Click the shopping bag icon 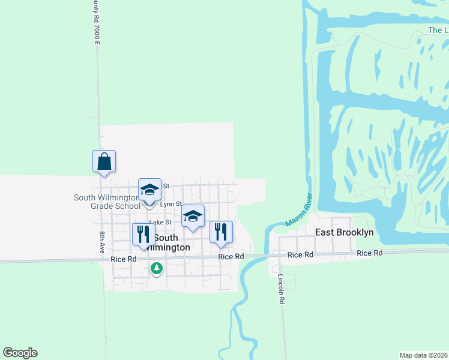pos(104,161)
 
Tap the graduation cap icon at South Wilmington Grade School pos(149,190)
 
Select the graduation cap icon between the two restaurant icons pos(193,217)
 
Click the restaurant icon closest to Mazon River pos(221,232)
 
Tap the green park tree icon pos(157,268)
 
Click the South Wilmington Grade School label pos(107,202)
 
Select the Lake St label pos(161,222)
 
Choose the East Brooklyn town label pos(344,232)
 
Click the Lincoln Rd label pos(280,290)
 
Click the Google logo pos(20,353)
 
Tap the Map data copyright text pos(424,355)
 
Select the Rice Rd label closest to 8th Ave pos(124,259)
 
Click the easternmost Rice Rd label pos(370,253)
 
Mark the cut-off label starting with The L pos(438,30)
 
